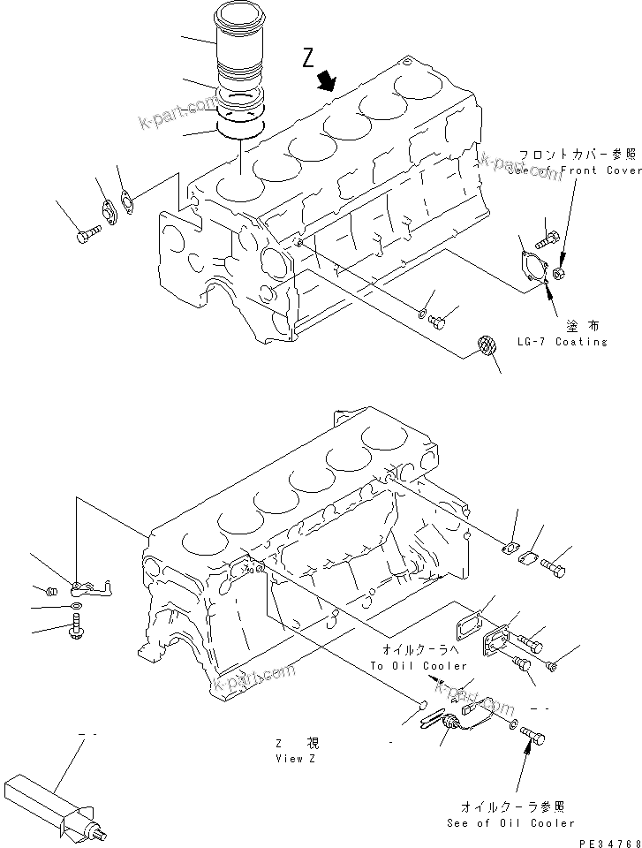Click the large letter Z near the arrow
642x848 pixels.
307,58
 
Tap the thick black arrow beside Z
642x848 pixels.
328,81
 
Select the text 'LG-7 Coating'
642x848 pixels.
581,341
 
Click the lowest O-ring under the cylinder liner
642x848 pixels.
239,129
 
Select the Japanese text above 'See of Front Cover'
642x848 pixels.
578,154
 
